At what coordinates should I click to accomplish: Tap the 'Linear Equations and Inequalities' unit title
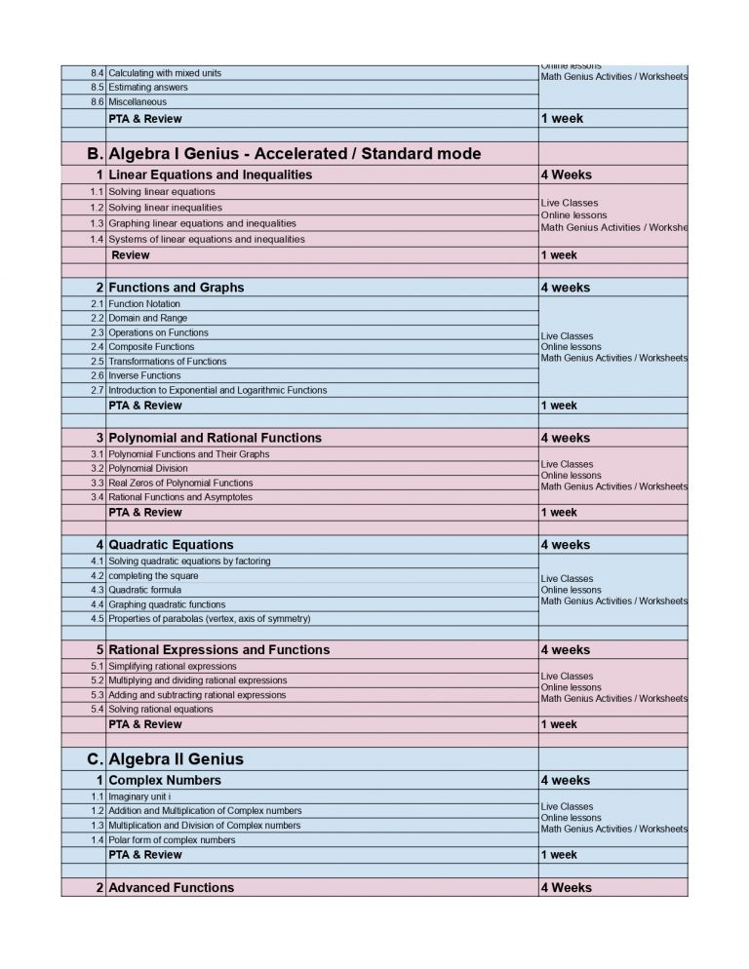[x=210, y=175]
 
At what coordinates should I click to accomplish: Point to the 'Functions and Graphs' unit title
[x=176, y=288]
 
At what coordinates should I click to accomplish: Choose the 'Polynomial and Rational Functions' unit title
[x=215, y=438]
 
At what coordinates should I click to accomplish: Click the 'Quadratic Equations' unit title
[x=171, y=545]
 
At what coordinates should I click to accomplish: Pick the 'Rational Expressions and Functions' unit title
[x=218, y=650]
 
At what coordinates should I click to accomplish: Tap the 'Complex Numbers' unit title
[x=165, y=781]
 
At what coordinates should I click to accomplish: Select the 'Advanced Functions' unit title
[x=171, y=888]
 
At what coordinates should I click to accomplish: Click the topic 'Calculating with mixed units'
[x=164, y=74]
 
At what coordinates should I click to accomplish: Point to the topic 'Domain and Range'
[x=147, y=318]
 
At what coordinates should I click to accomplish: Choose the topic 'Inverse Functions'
[x=144, y=375]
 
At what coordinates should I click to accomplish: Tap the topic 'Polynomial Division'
[x=148, y=468]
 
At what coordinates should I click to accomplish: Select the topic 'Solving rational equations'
[x=160, y=710]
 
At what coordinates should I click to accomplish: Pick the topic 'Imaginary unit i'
[x=139, y=796]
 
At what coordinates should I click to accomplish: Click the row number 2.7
[x=97, y=391]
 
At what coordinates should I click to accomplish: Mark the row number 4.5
[x=97, y=619]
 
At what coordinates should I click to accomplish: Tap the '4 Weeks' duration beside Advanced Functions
[x=566, y=888]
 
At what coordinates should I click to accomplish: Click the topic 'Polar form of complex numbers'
[x=172, y=840]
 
